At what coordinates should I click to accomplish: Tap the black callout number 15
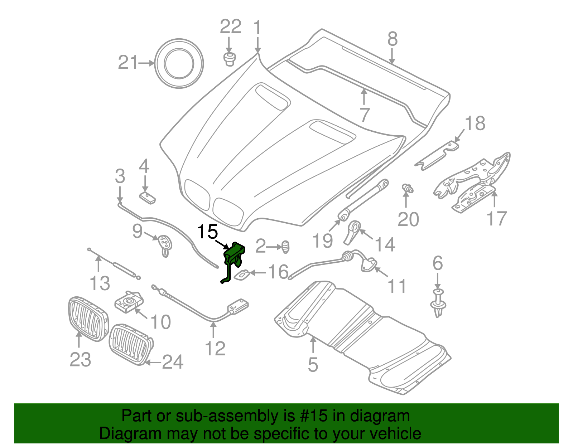pos(208,232)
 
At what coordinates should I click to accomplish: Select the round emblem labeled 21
pos(179,63)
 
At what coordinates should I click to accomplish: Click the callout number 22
pos(230,27)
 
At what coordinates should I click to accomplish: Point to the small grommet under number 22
pos(229,59)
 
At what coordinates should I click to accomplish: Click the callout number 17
pos(497,219)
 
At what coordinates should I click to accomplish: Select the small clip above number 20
pos(408,188)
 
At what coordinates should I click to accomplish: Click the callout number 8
pos(393,39)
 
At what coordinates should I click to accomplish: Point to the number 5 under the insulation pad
pos(313,365)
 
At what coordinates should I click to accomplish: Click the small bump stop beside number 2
pos(285,247)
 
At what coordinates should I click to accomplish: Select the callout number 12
pos(215,349)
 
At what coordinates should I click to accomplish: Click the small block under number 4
pos(147,197)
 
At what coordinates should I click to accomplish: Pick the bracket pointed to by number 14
pos(352,232)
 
